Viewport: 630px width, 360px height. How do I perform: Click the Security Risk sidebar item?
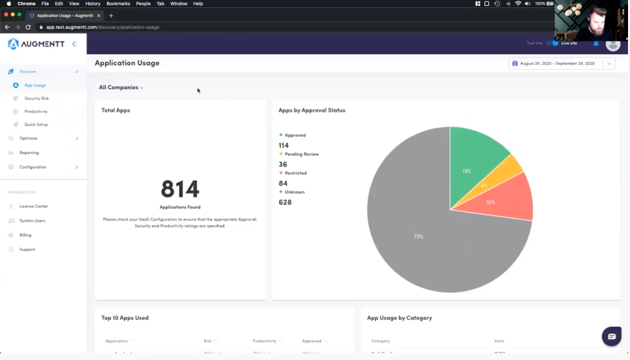tap(36, 98)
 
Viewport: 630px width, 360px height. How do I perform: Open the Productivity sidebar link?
tap(35, 111)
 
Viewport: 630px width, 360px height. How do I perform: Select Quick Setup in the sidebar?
tap(35, 125)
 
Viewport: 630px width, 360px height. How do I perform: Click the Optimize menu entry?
tap(28, 138)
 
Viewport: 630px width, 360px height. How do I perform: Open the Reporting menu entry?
tap(29, 153)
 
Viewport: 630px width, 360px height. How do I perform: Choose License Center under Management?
tap(33, 207)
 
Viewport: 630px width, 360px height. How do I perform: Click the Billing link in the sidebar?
tap(25, 235)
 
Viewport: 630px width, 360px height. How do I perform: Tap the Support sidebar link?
tap(27, 249)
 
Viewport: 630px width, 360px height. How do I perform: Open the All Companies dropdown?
tap(121, 87)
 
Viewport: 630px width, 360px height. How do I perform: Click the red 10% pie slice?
tap(502, 201)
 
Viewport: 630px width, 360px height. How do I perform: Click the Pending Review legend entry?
tap(301, 154)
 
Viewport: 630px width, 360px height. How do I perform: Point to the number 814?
tap(180, 189)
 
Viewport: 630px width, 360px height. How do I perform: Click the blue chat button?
tap(611, 336)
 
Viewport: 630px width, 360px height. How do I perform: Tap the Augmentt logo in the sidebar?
tap(36, 44)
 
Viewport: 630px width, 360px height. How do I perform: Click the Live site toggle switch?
tap(555, 43)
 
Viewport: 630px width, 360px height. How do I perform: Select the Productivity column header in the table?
tap(264, 341)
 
